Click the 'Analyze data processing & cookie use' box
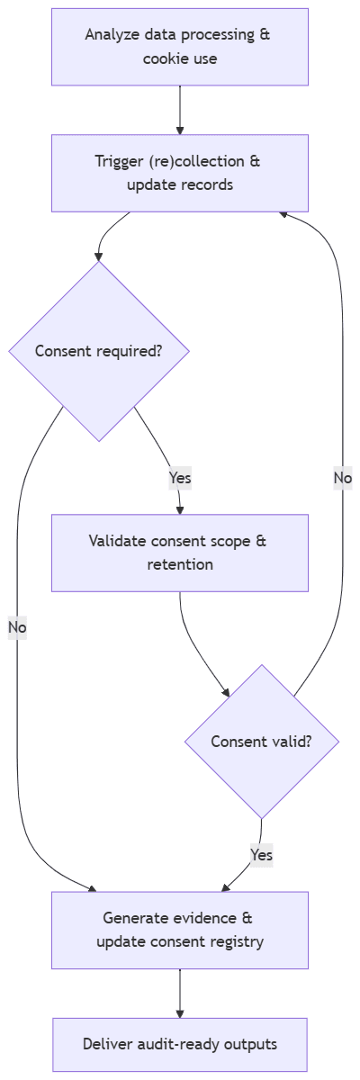[180, 47]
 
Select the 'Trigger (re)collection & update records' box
[180, 173]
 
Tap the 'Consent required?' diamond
[99, 351]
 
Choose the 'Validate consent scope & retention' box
[180, 553]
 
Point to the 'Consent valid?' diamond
[261, 742]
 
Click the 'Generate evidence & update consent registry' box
[180, 930]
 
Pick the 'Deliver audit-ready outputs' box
[180, 1044]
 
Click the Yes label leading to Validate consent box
[180, 477]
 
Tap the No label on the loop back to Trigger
[342, 478]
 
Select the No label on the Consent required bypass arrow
[17, 626]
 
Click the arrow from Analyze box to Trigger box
[180, 110]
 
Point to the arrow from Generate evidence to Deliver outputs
[180, 993]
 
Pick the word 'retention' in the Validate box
[180, 565]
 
